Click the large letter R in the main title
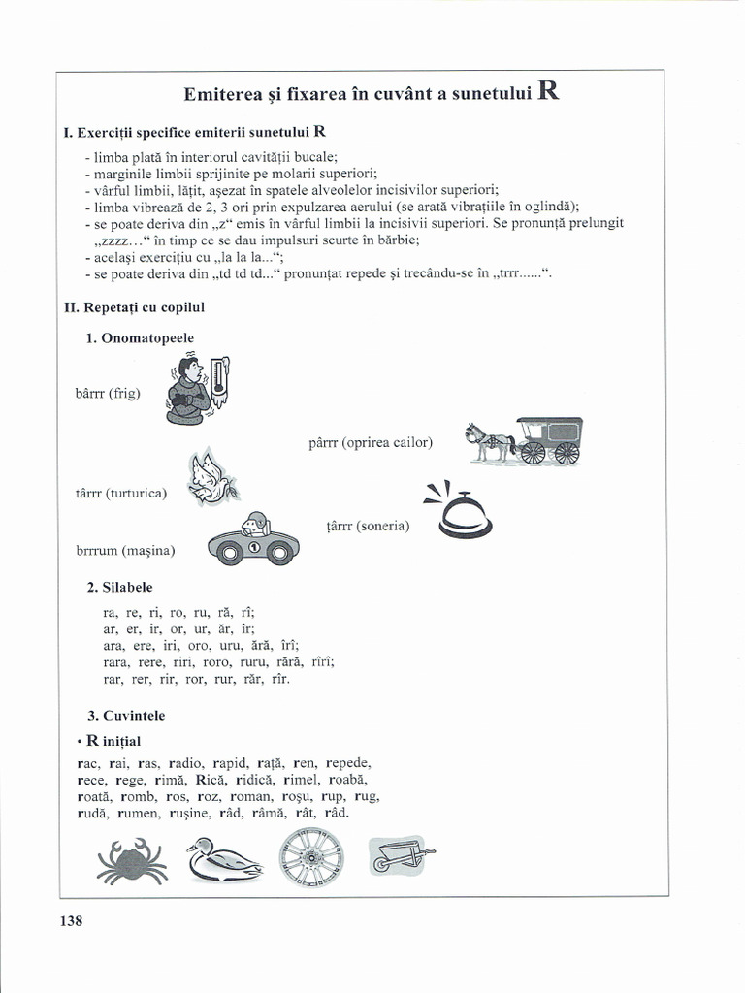[547, 92]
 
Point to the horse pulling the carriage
[489, 441]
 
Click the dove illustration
[212, 478]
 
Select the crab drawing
[132, 860]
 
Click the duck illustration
[223, 859]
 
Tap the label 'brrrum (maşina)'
[125, 550]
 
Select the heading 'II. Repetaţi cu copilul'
[134, 306]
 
